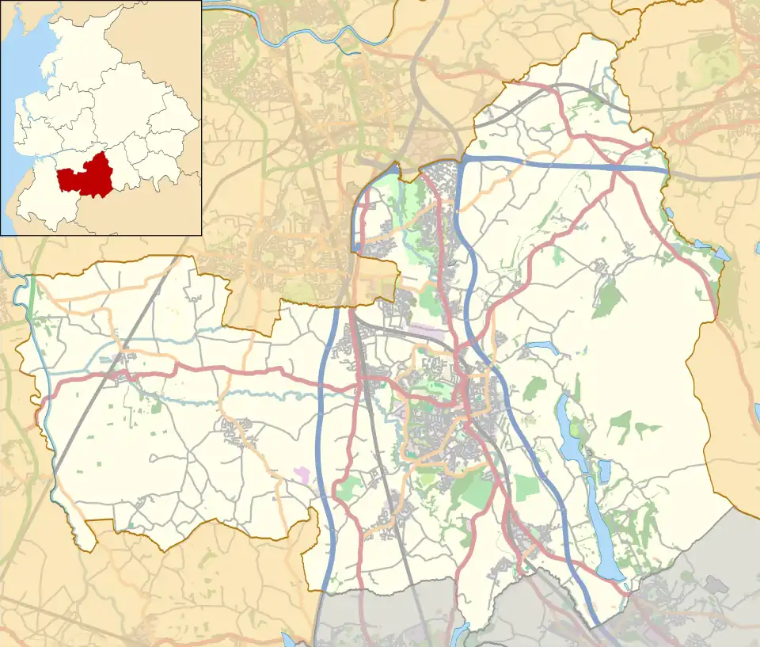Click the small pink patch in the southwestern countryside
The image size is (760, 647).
302,473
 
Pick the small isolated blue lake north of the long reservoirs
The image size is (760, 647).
542,346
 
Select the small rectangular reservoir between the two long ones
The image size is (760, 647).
606,471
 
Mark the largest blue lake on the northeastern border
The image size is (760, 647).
721,255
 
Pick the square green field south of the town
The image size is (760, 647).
526,487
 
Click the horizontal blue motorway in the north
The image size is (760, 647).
554,162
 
